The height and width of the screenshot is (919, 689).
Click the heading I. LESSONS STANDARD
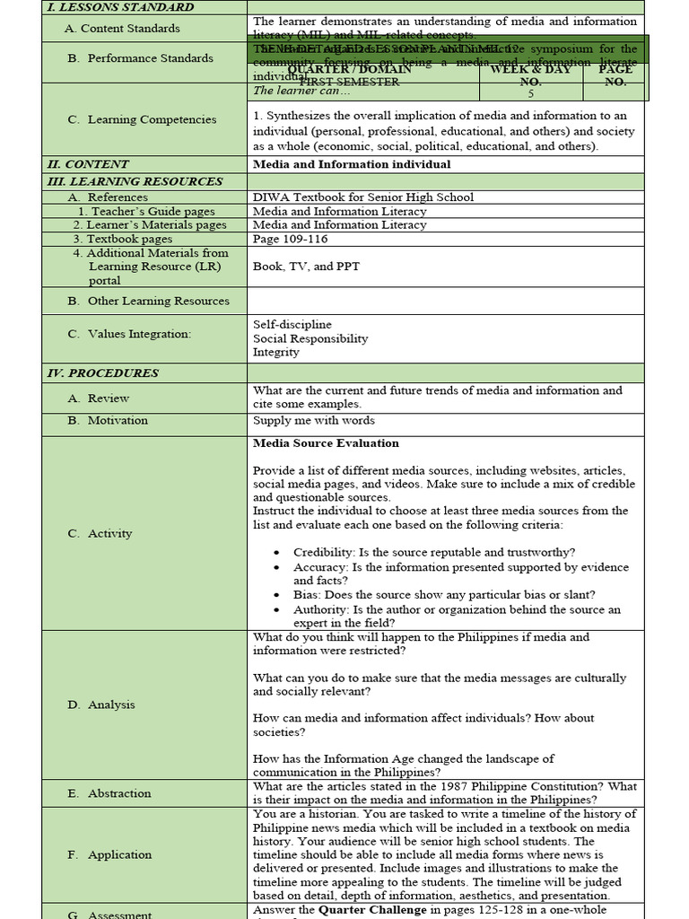pyautogui.click(x=119, y=7)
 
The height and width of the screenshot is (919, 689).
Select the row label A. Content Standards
pyautogui.click(x=122, y=29)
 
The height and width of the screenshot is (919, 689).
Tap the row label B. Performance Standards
pyautogui.click(x=140, y=58)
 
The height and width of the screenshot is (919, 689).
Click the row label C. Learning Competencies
pyautogui.click(x=142, y=119)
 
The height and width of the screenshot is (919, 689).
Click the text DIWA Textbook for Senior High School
pyautogui.click(x=363, y=197)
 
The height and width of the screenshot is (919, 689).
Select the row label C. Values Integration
pyautogui.click(x=129, y=334)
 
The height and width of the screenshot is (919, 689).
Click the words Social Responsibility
pyautogui.click(x=310, y=338)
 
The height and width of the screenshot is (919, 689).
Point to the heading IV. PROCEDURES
pyautogui.click(x=102, y=373)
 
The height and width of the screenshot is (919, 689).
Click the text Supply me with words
pyautogui.click(x=314, y=421)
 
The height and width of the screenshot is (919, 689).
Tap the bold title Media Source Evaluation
pyautogui.click(x=326, y=443)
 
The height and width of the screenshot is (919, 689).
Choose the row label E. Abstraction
pyautogui.click(x=109, y=793)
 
